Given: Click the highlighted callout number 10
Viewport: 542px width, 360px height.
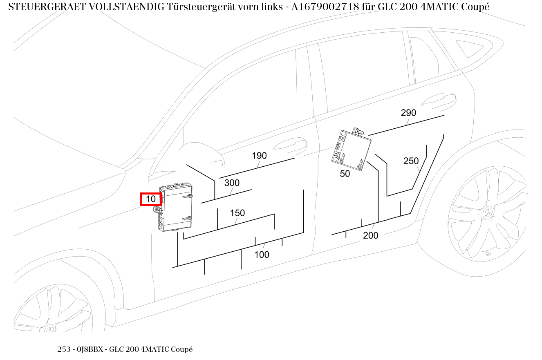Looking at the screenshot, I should pos(151,199).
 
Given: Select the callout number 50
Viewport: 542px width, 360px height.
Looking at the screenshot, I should pos(345,174).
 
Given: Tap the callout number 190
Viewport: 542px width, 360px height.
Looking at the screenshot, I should pos(259,156).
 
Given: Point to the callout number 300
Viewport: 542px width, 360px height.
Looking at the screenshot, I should pos(232,183).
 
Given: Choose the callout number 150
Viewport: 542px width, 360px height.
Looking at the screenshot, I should pos(237,213).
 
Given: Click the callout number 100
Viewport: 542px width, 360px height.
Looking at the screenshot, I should pos(262,255).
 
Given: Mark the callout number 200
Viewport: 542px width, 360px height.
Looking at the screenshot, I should pos(370,235).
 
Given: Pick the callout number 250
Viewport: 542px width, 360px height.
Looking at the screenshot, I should pos(411,161).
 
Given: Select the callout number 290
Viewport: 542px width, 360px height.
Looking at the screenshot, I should pos(408,113).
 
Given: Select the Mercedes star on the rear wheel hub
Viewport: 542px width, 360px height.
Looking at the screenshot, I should pos(489,213).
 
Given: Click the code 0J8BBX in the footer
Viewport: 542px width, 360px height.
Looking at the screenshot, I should pos(90,349).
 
